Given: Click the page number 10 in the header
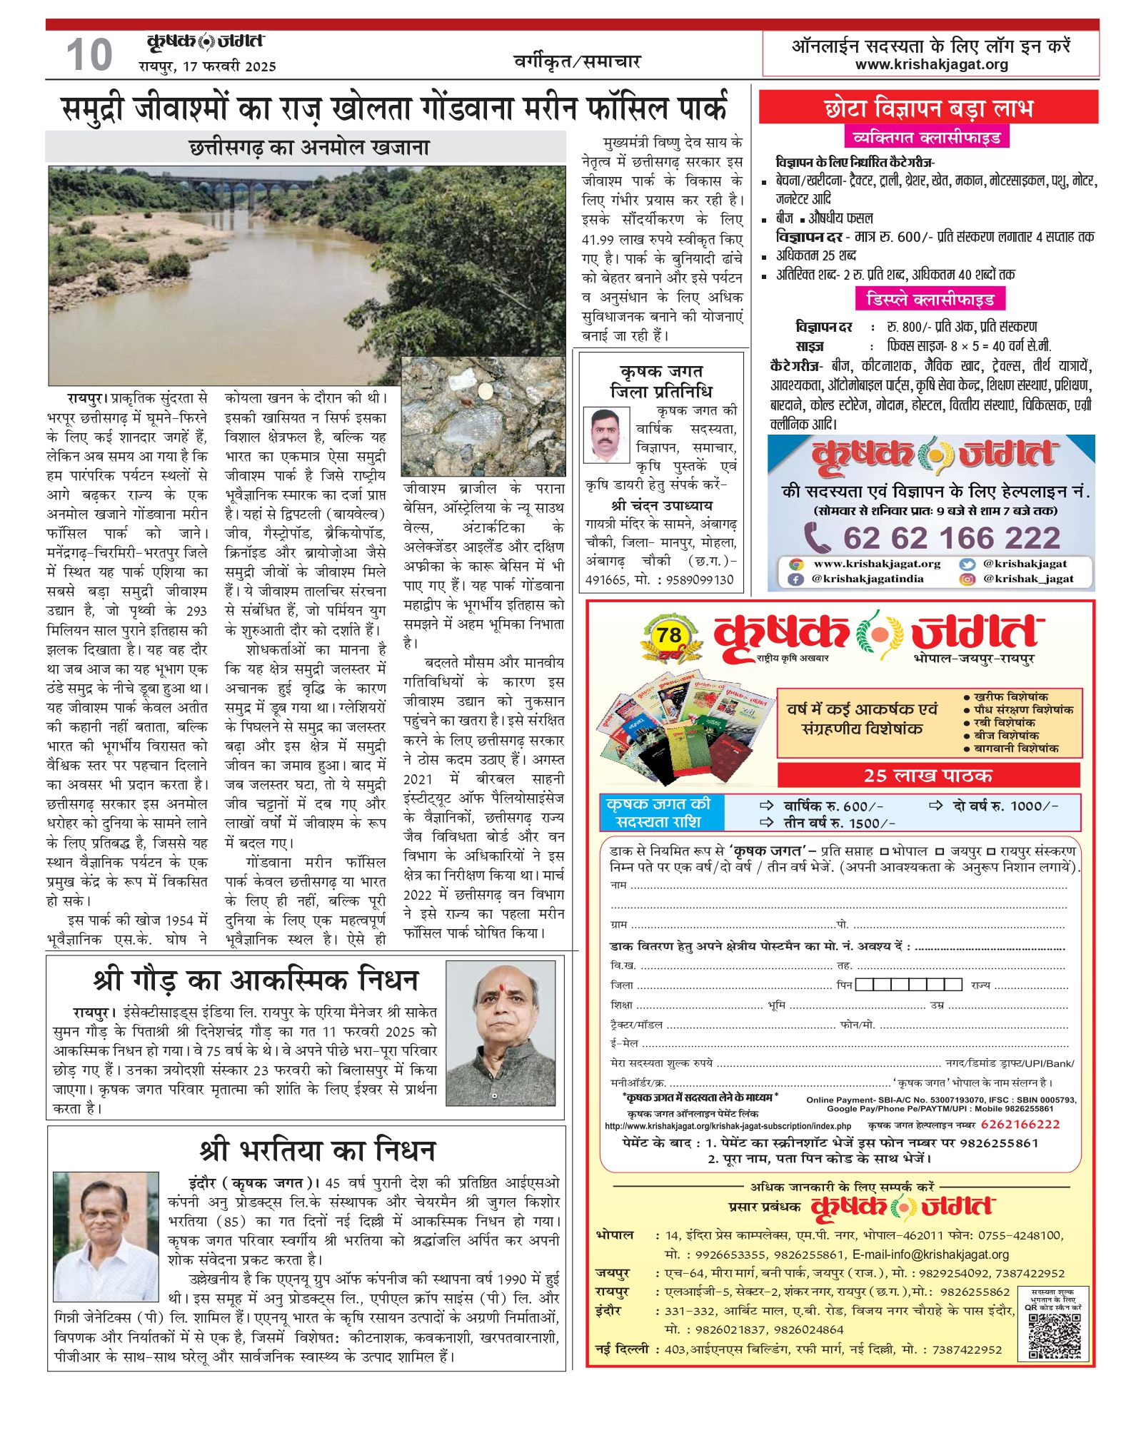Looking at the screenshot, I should [89, 56].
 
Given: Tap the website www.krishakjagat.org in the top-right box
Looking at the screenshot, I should [931, 64].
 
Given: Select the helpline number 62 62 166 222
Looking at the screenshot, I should [952, 538].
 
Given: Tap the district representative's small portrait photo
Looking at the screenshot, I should [606, 435].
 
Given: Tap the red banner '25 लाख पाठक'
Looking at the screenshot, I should [928, 776].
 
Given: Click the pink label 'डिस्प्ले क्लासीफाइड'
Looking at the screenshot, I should [930, 299].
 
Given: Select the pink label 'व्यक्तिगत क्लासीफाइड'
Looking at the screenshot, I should [926, 137].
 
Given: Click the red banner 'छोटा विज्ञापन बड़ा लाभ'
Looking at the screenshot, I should [928, 108].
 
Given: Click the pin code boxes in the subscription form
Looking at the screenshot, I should [908, 985].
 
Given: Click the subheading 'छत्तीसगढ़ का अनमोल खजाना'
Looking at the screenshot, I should [309, 148].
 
